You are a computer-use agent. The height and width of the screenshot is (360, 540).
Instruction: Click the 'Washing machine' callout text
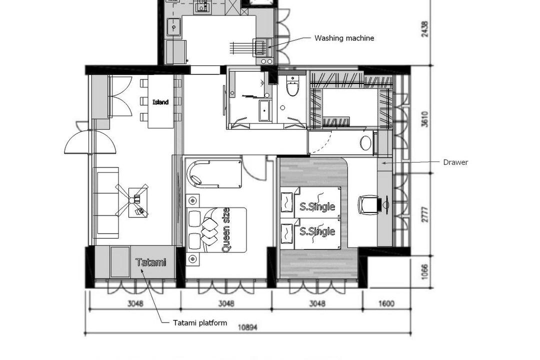(344, 38)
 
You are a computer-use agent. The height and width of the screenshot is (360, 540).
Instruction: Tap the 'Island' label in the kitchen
(160, 102)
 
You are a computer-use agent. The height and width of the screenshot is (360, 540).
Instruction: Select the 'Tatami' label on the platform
(150, 262)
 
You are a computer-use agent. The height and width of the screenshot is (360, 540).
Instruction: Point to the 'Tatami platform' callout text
(200, 322)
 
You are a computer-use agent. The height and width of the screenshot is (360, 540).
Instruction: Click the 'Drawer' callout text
(455, 162)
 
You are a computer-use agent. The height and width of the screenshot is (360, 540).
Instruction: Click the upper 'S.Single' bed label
(317, 205)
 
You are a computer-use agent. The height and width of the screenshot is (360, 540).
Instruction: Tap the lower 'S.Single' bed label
(317, 231)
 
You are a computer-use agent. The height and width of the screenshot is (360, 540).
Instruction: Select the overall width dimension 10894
(247, 327)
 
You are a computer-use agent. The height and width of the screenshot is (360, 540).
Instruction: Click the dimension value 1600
(386, 303)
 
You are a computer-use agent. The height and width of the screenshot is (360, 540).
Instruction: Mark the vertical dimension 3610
(424, 119)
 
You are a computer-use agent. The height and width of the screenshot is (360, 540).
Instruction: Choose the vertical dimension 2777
(424, 214)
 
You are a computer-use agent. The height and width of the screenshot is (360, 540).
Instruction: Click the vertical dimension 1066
(424, 272)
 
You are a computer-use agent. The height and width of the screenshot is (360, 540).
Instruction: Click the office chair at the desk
(369, 204)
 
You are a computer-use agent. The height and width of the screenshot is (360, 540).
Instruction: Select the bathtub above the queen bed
(214, 173)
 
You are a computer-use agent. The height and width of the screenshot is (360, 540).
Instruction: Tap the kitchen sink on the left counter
(174, 26)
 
